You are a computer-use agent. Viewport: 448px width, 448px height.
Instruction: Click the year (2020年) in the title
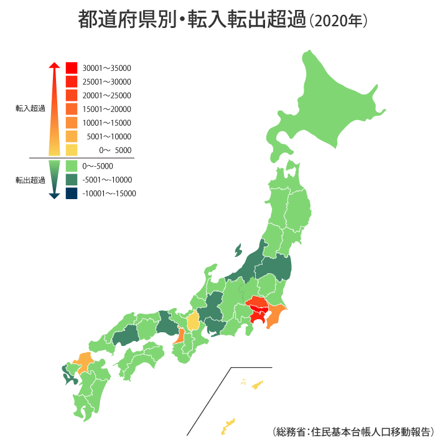coord(342,21)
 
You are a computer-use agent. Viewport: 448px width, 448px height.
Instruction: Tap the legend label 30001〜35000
coord(106,68)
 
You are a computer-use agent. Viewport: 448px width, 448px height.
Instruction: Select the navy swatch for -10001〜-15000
coord(71,194)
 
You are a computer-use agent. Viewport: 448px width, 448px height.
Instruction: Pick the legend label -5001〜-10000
coord(107,180)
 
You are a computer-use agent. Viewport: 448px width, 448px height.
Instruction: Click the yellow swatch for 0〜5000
coord(71,150)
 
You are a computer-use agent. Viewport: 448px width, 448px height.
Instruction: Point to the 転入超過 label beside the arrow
coord(30,108)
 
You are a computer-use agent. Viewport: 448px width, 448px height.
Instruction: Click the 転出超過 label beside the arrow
coord(30,180)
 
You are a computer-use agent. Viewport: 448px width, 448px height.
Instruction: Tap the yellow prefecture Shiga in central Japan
coord(194,321)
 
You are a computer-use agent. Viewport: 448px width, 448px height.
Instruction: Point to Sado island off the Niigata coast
coord(238,251)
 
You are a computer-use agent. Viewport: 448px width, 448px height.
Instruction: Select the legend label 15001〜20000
coord(106,109)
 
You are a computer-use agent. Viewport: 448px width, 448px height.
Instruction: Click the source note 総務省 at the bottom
coord(292,431)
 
